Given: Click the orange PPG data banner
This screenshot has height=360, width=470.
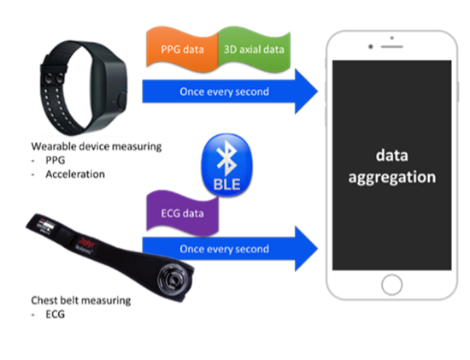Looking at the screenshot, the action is [x=182, y=50].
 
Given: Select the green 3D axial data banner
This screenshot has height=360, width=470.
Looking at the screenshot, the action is [x=254, y=50].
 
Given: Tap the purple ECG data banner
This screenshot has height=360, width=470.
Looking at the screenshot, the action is [x=182, y=213].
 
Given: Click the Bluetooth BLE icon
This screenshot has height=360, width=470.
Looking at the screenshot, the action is [x=227, y=165].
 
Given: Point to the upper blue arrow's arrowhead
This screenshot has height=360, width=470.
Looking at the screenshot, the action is [x=306, y=91].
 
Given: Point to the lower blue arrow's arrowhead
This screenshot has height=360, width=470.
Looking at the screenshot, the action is [x=306, y=249].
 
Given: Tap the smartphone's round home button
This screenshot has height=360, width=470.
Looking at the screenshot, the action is [x=391, y=285].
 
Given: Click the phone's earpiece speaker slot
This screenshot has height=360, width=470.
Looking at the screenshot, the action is [x=391, y=47].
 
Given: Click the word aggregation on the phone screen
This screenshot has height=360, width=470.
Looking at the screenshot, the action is [x=391, y=177].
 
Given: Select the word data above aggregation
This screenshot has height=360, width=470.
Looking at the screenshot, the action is [x=392, y=156].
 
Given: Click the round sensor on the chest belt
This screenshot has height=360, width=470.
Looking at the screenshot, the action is [x=174, y=280].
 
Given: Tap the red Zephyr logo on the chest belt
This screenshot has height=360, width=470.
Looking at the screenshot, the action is [x=87, y=243].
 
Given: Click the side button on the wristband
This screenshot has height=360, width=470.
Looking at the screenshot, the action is [x=122, y=101].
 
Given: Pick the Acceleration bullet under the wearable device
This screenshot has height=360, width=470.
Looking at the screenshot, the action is [x=75, y=174].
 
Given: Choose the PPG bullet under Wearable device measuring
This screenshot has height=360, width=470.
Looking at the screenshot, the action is [x=56, y=160].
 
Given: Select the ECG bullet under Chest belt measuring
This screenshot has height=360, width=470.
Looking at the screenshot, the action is [x=56, y=314].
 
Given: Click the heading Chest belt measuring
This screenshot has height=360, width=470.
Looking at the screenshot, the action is [x=81, y=301].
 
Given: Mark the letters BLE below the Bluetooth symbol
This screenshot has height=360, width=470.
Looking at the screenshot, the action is [x=227, y=184].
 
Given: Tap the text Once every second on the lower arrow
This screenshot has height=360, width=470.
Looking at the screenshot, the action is [x=224, y=249].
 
